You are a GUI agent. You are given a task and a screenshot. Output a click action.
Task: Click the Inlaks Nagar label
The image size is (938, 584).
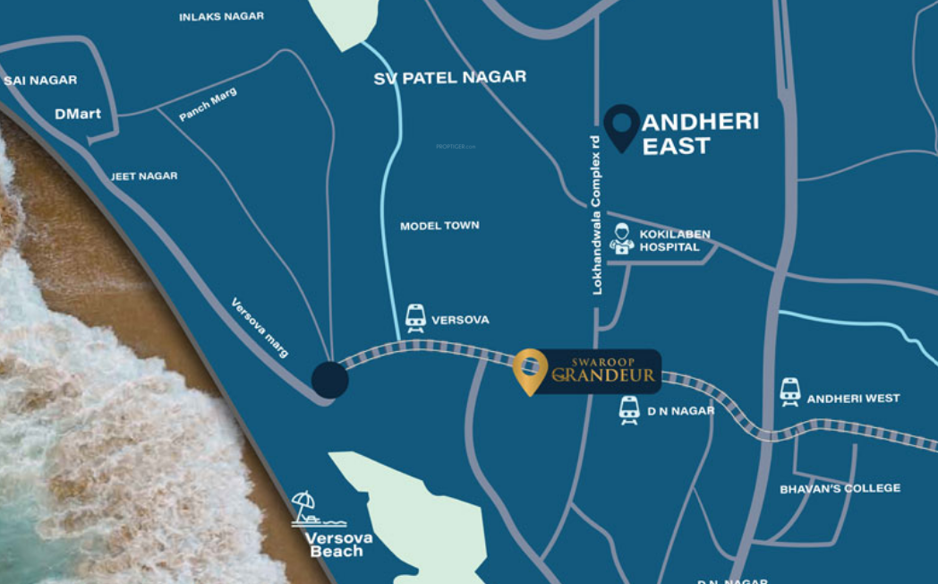(221, 17)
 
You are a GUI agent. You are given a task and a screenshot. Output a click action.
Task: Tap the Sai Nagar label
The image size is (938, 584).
(40, 81)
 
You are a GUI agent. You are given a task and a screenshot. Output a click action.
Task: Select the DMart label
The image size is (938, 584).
(78, 114)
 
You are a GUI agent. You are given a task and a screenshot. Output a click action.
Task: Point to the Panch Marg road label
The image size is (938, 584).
(209, 105)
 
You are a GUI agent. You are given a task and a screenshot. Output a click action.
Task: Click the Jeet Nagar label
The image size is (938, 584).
(144, 176)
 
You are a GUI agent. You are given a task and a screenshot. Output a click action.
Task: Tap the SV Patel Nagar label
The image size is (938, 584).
(449, 78)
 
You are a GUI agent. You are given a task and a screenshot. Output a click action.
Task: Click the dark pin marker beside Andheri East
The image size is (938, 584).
(621, 126)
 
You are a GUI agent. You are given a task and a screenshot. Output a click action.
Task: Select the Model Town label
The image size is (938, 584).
(439, 226)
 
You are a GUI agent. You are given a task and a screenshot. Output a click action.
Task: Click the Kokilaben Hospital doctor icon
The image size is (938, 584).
(621, 239)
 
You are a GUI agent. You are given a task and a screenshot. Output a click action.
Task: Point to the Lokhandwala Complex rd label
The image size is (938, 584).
(597, 215)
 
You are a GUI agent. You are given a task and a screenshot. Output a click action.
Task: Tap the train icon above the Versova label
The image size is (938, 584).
(415, 317)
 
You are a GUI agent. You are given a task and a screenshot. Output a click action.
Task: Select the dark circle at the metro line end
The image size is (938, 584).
(330, 379)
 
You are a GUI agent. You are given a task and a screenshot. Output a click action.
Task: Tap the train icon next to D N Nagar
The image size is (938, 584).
(629, 410)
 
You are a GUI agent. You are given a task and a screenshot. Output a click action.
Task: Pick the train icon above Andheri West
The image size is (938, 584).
(789, 391)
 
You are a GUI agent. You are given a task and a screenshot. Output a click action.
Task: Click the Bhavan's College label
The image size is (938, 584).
(840, 489)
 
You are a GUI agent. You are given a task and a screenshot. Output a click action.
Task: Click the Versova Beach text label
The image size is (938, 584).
(337, 545)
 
